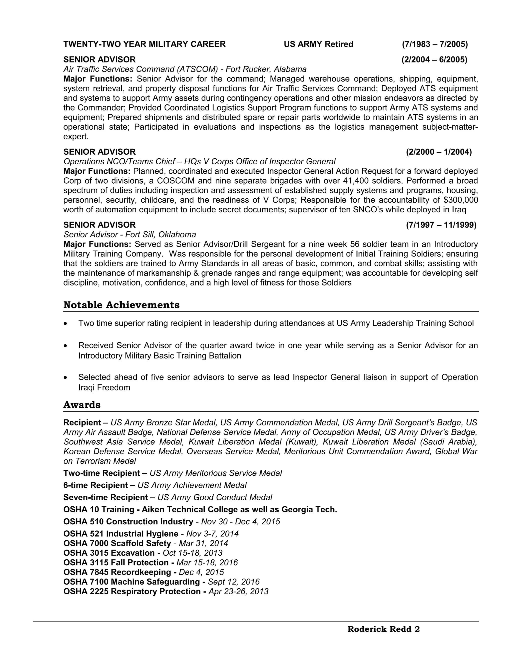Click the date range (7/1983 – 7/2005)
click(435, 44)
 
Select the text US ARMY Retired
click(318, 44)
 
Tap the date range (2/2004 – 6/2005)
click(434, 59)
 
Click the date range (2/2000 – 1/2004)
click(438, 152)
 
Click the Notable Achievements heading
click(121, 305)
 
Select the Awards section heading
click(82, 405)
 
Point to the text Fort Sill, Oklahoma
click(160, 235)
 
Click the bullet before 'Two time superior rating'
click(65, 324)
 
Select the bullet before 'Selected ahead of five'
click(65, 378)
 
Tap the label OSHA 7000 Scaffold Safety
click(117, 543)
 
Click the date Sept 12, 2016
click(233, 582)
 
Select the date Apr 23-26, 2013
click(238, 592)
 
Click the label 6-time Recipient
click(95, 485)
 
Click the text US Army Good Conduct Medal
click(215, 497)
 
